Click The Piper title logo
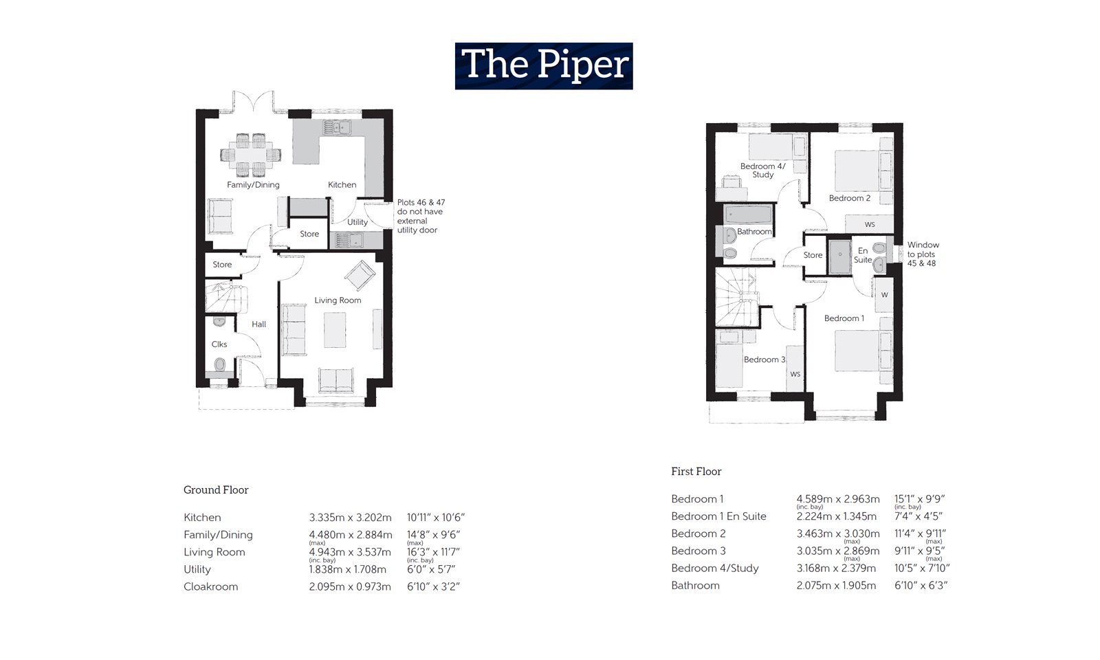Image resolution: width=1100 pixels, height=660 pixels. [543, 66]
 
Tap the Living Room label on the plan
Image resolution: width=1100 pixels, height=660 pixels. [338, 300]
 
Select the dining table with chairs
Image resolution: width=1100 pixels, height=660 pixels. [251, 155]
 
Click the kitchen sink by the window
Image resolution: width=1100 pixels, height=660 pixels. [337, 127]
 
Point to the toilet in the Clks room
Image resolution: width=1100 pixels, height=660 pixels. [220, 364]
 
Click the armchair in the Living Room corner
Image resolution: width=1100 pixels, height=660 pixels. [360, 276]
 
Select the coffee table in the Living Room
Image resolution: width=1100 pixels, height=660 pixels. [335, 330]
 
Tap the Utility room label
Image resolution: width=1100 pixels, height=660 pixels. [357, 222]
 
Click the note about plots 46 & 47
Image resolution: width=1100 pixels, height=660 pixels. [420, 216]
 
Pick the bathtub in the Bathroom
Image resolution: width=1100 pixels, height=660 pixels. [749, 214]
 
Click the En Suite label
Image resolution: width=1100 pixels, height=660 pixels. [863, 255]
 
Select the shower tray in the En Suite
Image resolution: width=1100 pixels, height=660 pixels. [839, 256]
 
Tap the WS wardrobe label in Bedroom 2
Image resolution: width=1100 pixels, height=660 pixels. [870, 225]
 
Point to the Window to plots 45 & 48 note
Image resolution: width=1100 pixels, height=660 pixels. [923, 254]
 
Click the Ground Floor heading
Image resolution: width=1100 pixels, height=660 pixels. [216, 489]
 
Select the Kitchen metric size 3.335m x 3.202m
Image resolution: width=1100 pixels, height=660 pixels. [350, 518]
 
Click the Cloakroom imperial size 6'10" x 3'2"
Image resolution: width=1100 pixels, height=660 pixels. [433, 586]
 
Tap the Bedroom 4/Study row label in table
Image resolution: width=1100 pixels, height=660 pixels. [715, 568]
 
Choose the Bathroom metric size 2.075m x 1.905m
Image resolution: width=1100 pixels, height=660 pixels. [836, 586]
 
